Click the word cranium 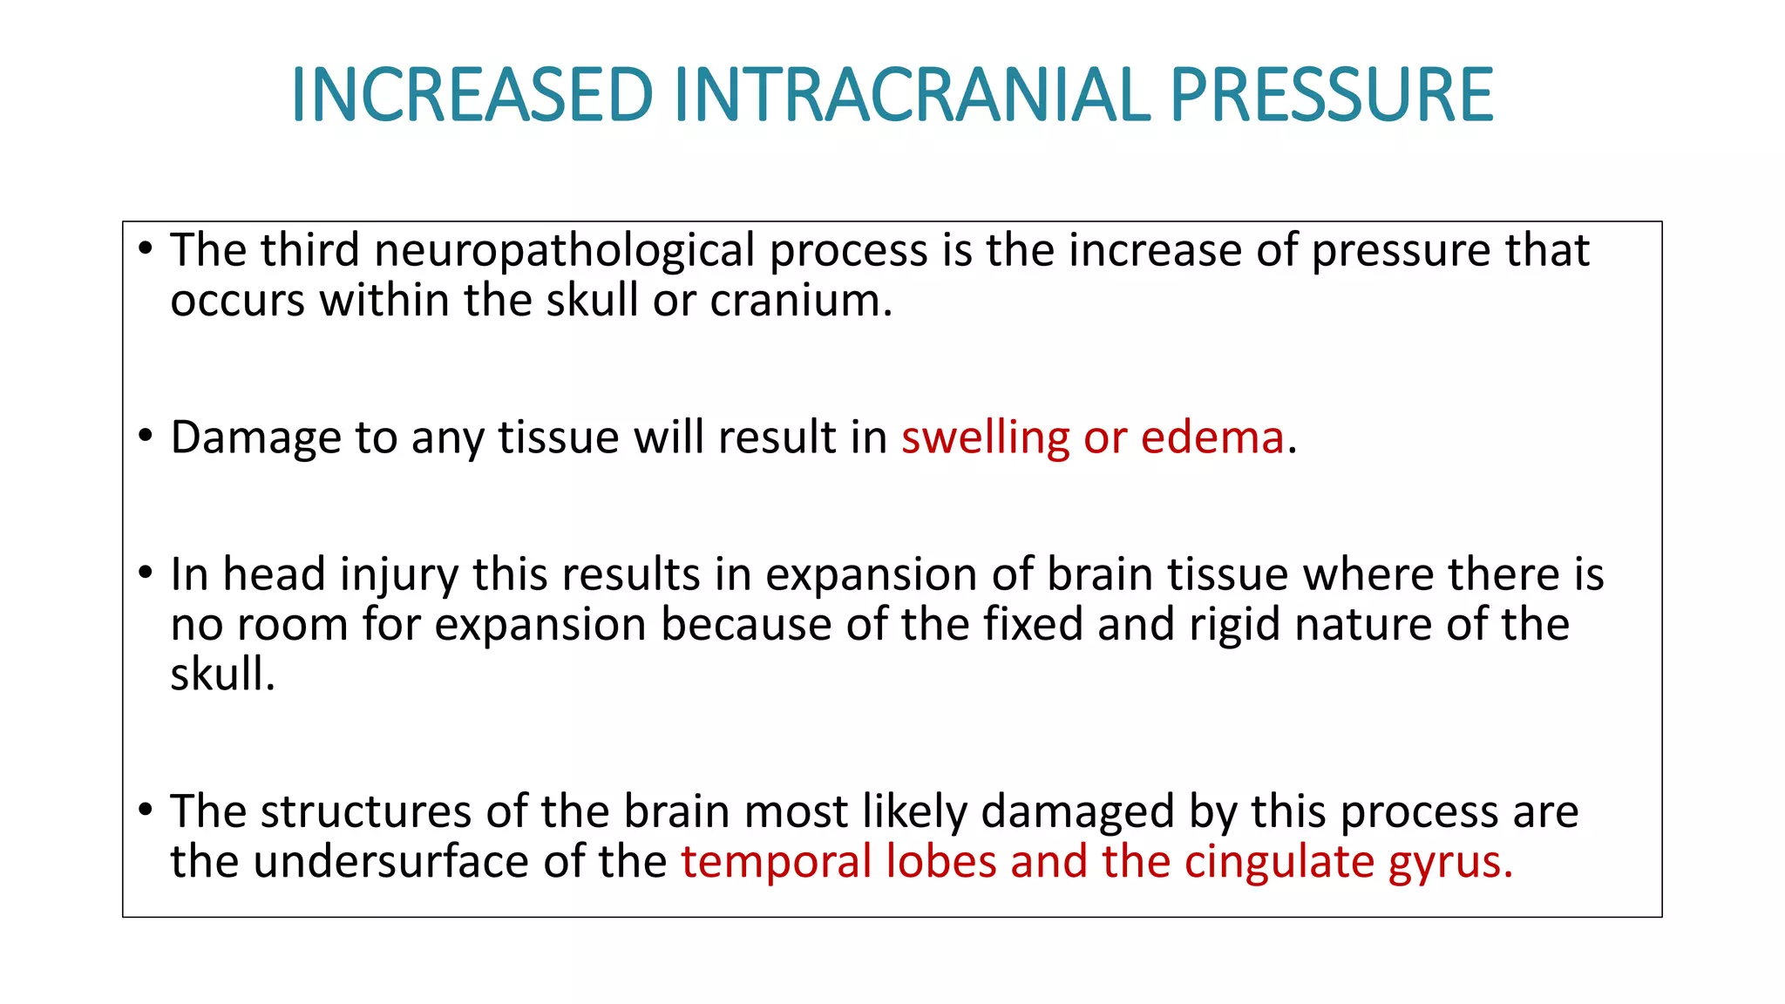[800, 301]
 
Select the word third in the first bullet [309, 250]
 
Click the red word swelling [985, 438]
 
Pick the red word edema [1212, 437]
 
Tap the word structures [366, 811]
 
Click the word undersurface [392, 862]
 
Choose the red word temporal [776, 862]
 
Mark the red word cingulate [1279, 862]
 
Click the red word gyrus [1448, 863]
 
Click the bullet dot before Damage [146, 436]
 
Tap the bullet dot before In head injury [146, 573]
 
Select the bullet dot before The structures [146, 811]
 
